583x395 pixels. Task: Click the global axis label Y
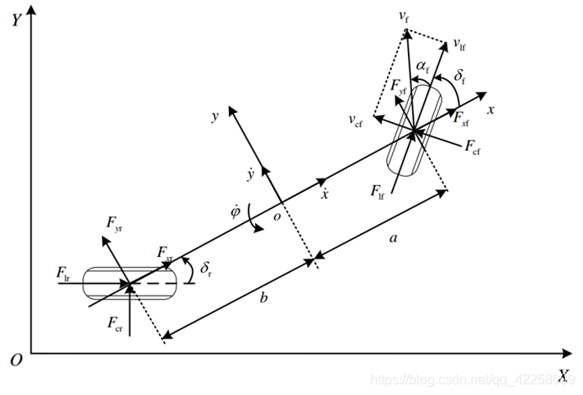[15, 20]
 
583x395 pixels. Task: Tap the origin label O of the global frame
[15, 360]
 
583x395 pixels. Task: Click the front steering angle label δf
[460, 77]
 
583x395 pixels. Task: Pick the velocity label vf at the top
[404, 15]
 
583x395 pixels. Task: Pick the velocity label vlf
[459, 42]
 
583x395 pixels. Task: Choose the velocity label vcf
[358, 120]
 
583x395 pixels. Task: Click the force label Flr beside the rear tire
[64, 272]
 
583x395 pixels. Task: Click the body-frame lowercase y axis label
[215, 117]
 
